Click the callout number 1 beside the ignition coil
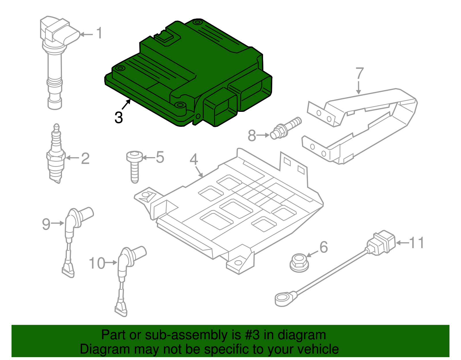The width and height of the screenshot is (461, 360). click(99, 33)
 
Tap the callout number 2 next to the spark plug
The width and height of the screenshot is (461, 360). click(85, 159)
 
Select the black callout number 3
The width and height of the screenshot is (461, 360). click(118, 118)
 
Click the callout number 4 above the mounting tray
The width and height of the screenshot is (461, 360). click(194, 159)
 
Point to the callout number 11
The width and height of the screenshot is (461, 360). click(417, 243)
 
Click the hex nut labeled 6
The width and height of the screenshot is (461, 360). click(299, 262)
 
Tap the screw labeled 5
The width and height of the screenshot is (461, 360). click(135, 166)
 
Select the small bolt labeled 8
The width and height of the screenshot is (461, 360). click(286, 128)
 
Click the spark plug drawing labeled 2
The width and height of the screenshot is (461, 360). click(56, 156)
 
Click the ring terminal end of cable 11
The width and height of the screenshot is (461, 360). click(284, 298)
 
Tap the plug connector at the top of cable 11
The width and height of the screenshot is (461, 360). click(381, 243)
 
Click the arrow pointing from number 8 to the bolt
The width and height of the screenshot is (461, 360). click(263, 135)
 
